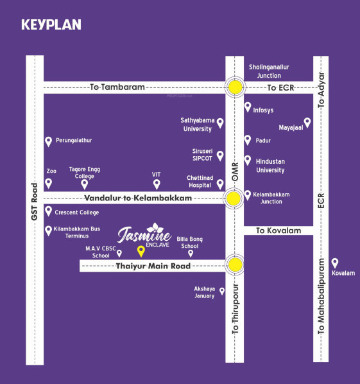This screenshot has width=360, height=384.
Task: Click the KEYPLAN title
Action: click(51, 25)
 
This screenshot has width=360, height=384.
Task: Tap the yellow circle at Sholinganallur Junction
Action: click(236, 87)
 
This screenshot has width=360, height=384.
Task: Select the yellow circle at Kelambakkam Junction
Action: click(236, 198)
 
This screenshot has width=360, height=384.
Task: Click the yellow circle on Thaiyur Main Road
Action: click(236, 265)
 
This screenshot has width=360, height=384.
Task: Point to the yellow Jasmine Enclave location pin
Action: click(141, 251)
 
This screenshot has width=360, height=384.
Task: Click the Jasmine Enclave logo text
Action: click(145, 234)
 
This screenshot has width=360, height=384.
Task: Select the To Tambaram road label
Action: click(117, 87)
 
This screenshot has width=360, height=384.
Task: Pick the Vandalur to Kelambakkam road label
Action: click(138, 198)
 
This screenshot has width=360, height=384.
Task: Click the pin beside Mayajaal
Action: click(307, 122)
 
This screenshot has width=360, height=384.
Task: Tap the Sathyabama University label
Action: click(196, 124)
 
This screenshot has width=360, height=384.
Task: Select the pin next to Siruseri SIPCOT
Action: click(220, 155)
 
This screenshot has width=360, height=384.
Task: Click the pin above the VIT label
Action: click(156, 184)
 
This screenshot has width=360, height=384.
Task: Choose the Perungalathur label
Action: click(74, 140)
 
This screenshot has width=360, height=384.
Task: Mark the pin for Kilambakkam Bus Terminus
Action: click(47, 231)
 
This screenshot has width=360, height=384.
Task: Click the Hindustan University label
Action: click(270, 166)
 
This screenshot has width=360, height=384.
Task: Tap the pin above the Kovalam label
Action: click(334, 262)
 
